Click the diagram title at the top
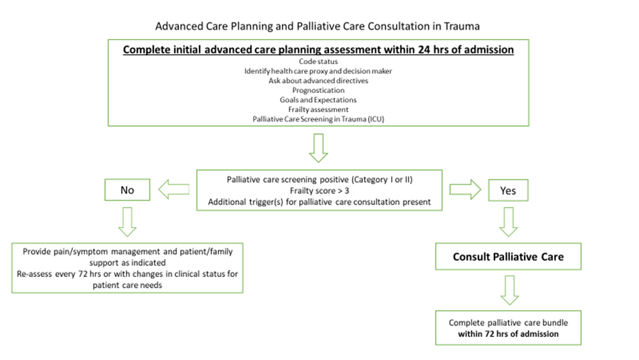tap(318, 27)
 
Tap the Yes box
tap(508, 191)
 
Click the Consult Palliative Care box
tap(508, 257)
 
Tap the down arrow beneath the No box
tap(127, 222)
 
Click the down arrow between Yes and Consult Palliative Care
tap(508, 221)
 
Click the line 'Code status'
tap(318, 61)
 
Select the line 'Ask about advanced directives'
tap(318, 81)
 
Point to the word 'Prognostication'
tap(318, 90)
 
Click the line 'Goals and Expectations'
tap(318, 100)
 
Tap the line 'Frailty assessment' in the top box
tap(318, 109)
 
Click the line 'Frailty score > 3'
tap(318, 191)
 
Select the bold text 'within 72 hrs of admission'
tap(508, 333)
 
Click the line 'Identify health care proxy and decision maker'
tap(318, 71)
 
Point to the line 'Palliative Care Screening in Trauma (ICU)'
tap(318, 119)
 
